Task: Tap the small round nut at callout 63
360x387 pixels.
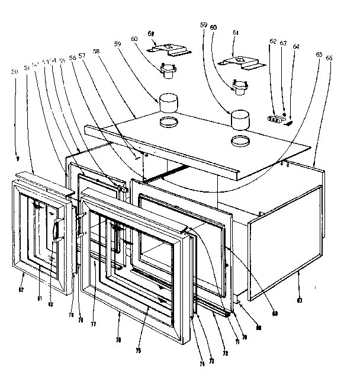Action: pyautogui.click(x=285, y=114)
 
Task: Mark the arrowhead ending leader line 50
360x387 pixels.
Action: pyautogui.click(x=18, y=159)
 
